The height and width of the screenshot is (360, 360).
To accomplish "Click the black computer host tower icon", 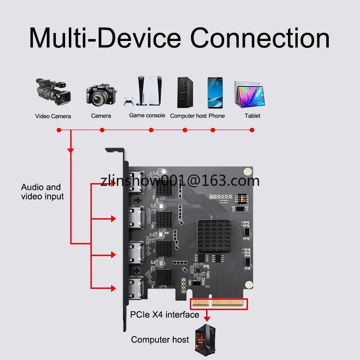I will (x=184, y=92).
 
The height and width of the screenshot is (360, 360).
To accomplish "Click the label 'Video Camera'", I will (x=53, y=116).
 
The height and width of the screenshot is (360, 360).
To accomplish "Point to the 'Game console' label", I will (x=147, y=116).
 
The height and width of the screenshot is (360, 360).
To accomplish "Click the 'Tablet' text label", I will (x=252, y=116).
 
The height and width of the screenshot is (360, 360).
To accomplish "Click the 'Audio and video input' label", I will (x=42, y=192).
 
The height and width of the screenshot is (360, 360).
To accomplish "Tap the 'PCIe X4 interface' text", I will (x=164, y=315).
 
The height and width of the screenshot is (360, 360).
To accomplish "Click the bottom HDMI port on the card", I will (x=135, y=288).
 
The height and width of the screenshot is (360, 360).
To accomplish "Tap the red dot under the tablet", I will (x=252, y=130).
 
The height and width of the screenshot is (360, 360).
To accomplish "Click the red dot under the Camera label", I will (x=102, y=130).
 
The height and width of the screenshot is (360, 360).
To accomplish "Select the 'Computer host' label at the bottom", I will (x=160, y=339).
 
